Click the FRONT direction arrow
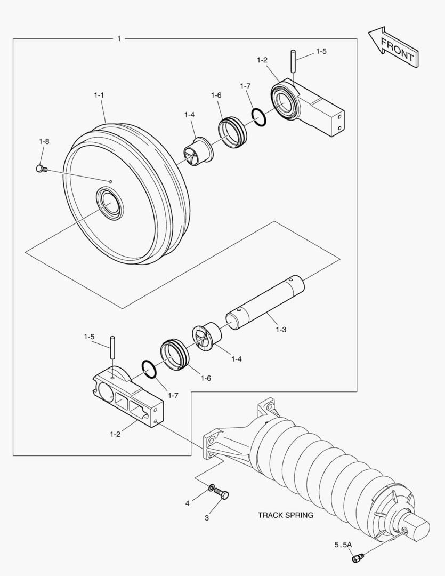point(392,49)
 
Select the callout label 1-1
point(99,95)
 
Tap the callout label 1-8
point(44,141)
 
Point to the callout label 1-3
point(281,330)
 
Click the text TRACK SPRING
point(286,515)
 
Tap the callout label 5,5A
point(343,545)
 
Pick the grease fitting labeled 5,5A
point(357,558)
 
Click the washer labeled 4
point(212,487)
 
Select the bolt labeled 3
point(223,494)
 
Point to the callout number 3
point(207,517)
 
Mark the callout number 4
point(187,503)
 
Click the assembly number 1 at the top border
point(118,38)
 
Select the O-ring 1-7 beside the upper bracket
point(258,117)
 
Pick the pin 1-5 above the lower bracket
point(112,347)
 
